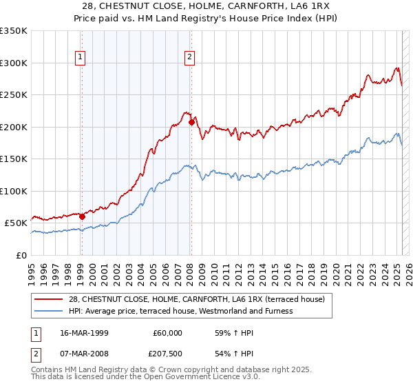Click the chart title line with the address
point(206,6)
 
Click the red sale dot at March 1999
point(82,216)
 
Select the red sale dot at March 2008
point(191,123)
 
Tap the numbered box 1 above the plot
point(81,57)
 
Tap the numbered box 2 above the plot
point(189,57)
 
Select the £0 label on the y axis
point(22,255)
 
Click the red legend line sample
point(49,298)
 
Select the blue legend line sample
point(49,311)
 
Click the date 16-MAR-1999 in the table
point(85,332)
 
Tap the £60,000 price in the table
point(167,332)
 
